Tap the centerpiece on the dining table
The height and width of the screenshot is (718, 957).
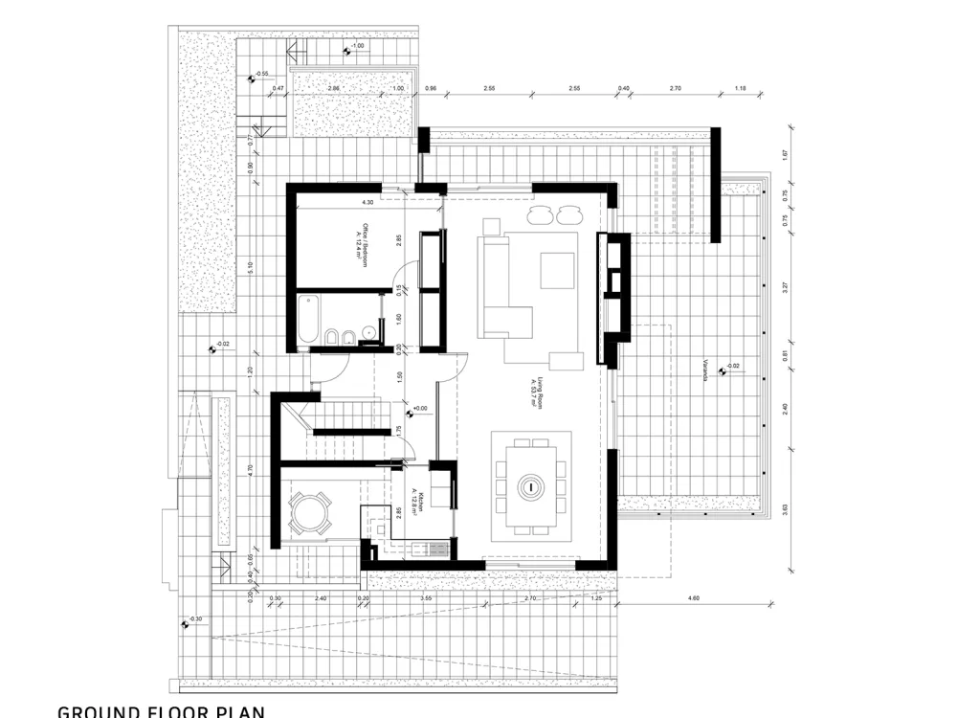[x=528, y=486]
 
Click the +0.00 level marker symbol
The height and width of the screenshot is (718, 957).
[x=411, y=414]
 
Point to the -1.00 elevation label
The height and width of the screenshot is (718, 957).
[x=357, y=46]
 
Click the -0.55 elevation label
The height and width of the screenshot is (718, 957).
[x=261, y=74]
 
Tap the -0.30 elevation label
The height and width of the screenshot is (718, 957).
[x=195, y=619]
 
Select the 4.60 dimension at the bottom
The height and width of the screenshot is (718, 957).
[x=694, y=598]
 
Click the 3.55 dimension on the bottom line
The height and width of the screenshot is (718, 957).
[x=426, y=598]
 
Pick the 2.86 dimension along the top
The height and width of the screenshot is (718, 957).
[x=334, y=88]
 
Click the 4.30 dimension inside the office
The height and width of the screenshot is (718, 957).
[x=367, y=203]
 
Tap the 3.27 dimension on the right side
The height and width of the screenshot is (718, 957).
[x=785, y=285]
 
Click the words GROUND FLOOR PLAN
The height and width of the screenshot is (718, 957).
[x=161, y=711]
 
